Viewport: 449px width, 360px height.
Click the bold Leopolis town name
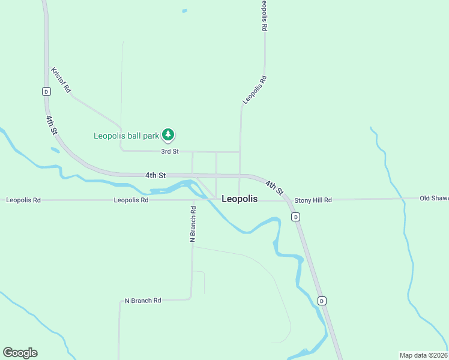tap(240, 199)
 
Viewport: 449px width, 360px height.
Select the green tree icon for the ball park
tap(169, 136)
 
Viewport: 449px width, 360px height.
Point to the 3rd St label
tap(170, 152)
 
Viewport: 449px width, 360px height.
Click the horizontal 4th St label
tap(155, 175)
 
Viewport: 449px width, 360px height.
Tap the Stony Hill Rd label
tap(313, 200)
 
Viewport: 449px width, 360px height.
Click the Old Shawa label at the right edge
tap(433, 198)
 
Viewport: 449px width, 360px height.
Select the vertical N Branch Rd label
tap(193, 224)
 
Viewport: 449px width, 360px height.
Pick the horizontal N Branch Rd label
tap(143, 300)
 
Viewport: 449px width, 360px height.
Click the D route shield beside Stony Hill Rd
tap(295, 217)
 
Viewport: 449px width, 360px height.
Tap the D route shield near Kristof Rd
tap(46, 91)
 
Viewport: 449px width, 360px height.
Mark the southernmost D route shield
tap(322, 301)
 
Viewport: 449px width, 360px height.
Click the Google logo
tap(20, 353)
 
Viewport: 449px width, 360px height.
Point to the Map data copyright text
tap(424, 355)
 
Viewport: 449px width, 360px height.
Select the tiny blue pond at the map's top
tap(184, 11)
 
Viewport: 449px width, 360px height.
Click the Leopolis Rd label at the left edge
tap(23, 200)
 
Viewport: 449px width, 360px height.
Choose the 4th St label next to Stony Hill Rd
tap(274, 188)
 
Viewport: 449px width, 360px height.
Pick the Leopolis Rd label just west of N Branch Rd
tap(131, 200)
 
